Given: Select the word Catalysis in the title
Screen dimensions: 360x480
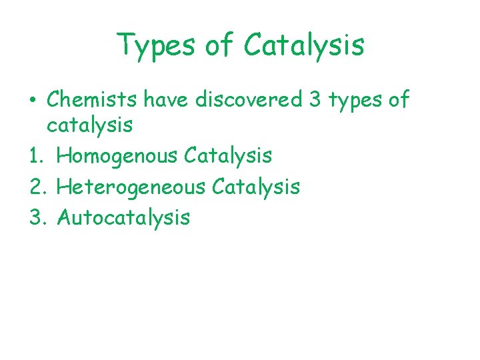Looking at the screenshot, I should [304, 45].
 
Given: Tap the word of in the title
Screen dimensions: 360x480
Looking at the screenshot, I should [223, 45].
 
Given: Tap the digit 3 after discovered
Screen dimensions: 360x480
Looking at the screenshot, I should [315, 99].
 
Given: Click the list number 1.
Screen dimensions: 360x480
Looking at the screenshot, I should [35, 155].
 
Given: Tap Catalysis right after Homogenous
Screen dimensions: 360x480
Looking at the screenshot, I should [228, 155].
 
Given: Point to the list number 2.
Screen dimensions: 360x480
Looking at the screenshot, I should [36, 187].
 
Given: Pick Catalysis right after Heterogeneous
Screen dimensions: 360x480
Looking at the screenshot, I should [256, 187].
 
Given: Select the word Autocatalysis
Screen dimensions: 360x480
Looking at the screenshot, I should [124, 217].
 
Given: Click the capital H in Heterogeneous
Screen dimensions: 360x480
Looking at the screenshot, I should [63, 187].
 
